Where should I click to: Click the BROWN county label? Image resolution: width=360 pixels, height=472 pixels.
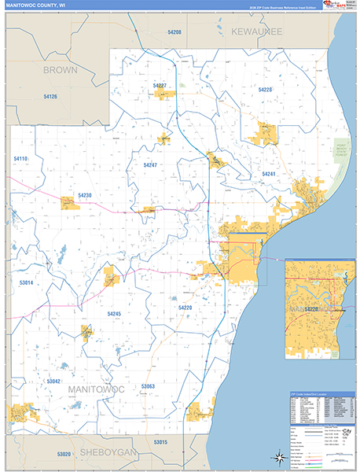[61, 70]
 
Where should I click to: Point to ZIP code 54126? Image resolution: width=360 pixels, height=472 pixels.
[50, 96]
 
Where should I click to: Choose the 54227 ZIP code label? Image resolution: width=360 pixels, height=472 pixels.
[160, 85]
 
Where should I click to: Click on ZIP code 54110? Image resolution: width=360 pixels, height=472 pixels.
[20, 159]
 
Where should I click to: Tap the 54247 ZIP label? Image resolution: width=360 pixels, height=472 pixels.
[150, 165]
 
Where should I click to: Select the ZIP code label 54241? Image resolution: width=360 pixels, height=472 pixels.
[269, 173]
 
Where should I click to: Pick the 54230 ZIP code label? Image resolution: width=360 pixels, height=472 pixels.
[85, 195]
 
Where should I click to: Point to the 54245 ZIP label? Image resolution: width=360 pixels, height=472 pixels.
[113, 314]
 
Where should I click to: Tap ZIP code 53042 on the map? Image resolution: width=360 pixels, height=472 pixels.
[53, 381]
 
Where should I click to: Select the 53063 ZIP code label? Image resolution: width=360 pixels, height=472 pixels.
[148, 386]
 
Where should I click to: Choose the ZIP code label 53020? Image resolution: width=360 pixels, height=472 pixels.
[64, 454]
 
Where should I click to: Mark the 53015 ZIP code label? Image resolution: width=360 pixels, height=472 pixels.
[160, 443]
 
